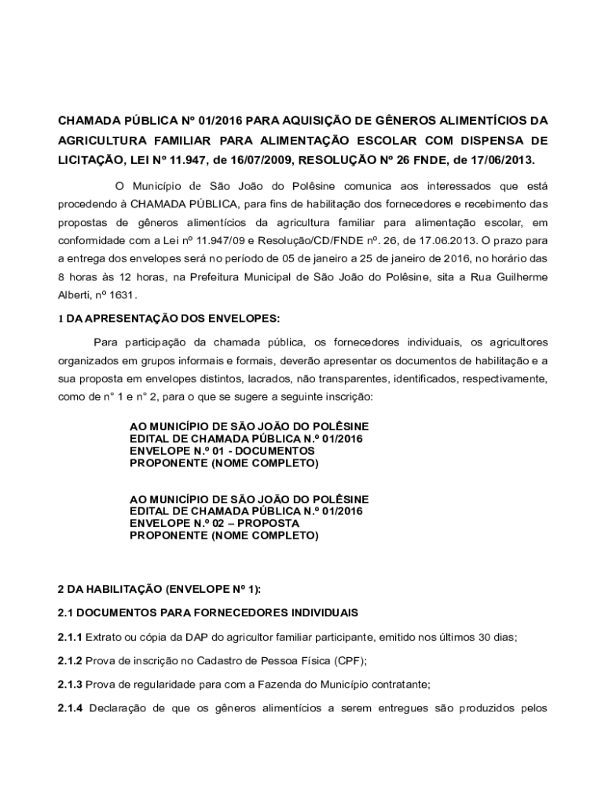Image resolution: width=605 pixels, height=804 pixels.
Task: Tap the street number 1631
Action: coord(122,295)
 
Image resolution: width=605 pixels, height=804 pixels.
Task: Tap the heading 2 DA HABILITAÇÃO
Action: coord(161,589)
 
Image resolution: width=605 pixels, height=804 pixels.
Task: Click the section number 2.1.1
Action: coord(70,637)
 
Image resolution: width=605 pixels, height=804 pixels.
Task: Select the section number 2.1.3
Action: coord(70,684)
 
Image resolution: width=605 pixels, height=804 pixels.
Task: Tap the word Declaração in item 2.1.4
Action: coord(116,708)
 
